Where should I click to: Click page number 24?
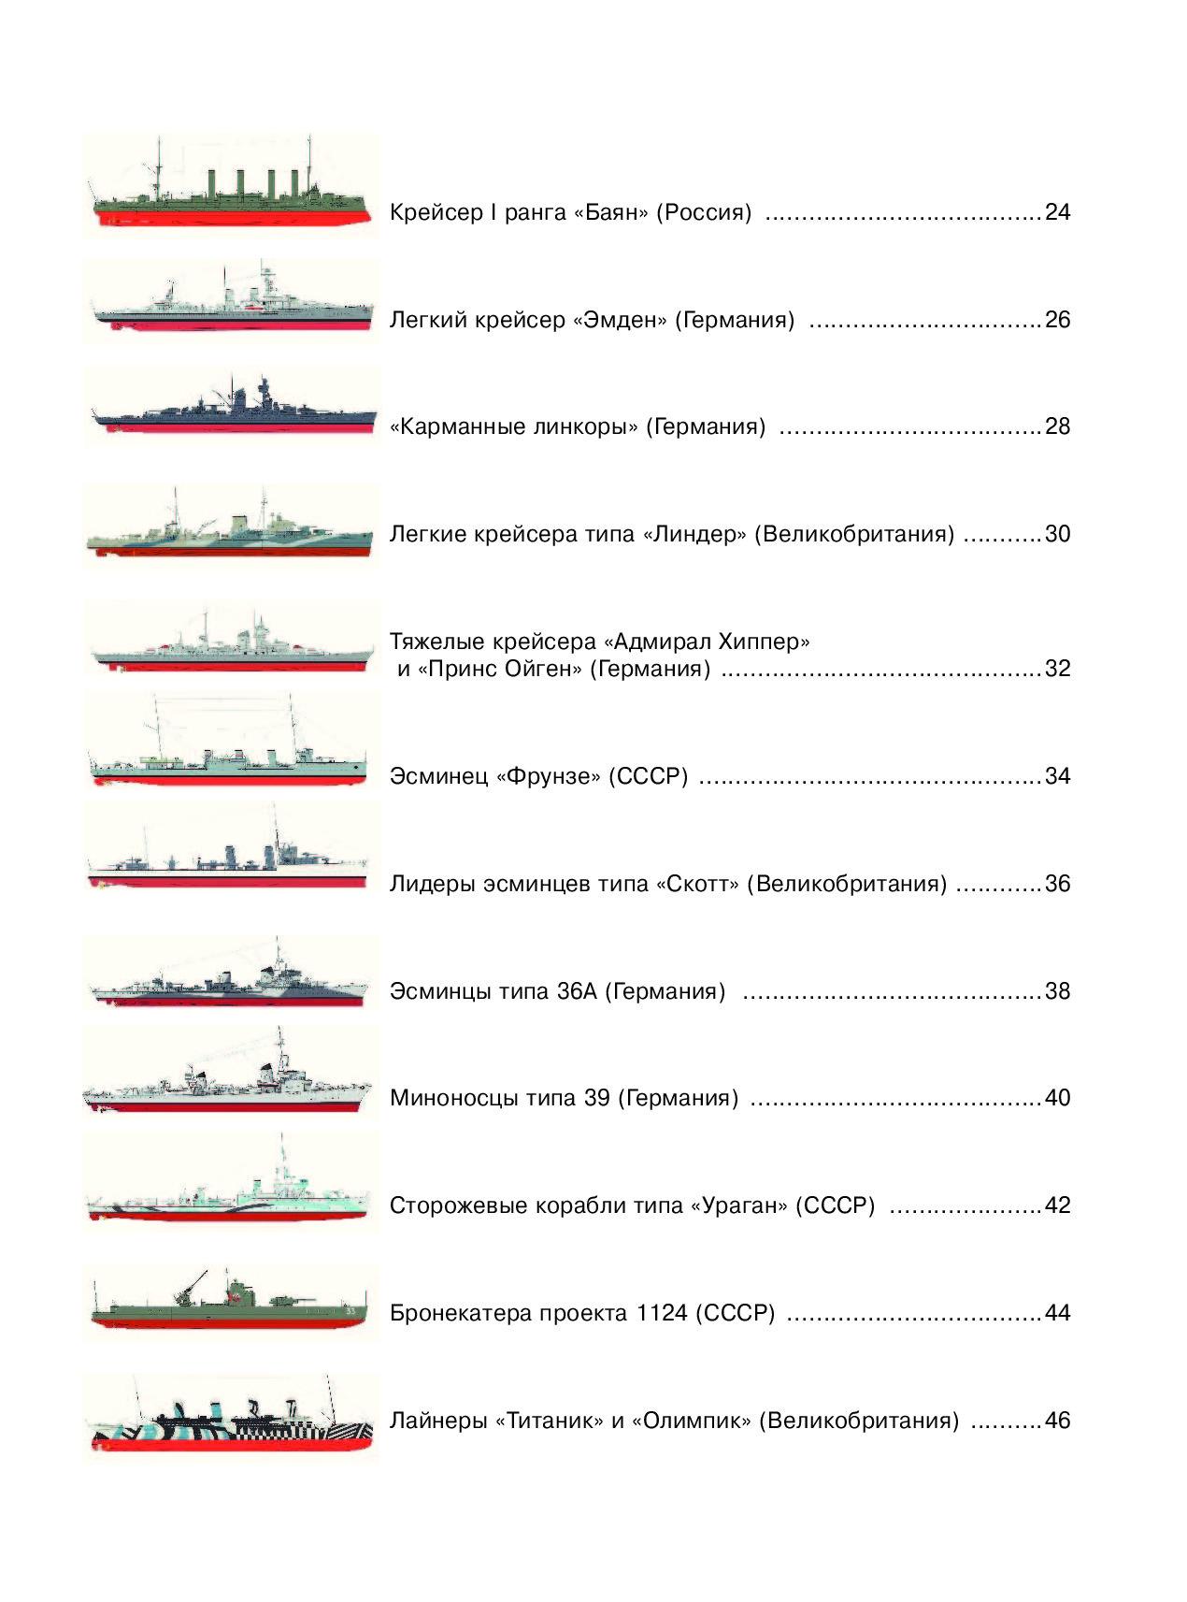pos(1057,212)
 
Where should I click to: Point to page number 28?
pos(1057,426)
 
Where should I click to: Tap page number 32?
pos(1057,669)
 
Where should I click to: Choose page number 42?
pos(1057,1205)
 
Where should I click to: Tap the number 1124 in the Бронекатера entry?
pos(661,1313)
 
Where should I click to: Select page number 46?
pos(1057,1421)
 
